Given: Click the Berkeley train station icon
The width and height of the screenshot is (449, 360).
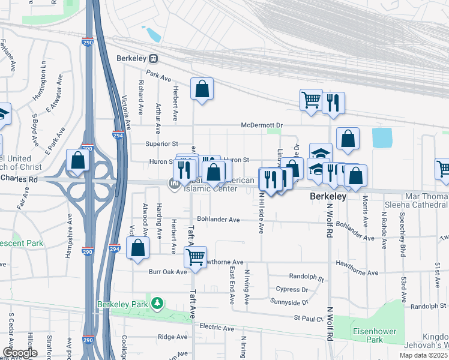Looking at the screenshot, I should tap(154, 59).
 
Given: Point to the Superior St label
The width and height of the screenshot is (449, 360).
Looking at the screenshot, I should tap(162, 144).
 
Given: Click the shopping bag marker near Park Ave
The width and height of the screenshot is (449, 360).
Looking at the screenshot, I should tap(202, 89).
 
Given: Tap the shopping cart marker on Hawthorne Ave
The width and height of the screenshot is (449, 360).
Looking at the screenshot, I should tap(196, 257).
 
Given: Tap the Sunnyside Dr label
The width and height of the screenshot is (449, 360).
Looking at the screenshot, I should tap(289, 302).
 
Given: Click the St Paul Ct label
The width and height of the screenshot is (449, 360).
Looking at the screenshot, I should tap(309, 318).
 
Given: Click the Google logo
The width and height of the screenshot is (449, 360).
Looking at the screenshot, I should tap(20, 353).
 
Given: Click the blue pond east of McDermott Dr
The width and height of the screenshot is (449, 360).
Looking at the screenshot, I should tap(382, 137).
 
